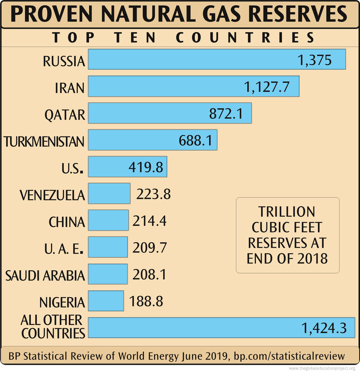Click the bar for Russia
tap(191, 59)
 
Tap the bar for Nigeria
tap(106, 301)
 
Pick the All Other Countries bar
tap(191, 328)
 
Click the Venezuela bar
tap(109, 193)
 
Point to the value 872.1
tap(226, 113)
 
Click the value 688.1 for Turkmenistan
tap(195, 140)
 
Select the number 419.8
tap(146, 167)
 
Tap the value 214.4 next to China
tap(150, 221)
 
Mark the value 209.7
tap(150, 248)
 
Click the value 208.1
tap(150, 275)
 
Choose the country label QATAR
tap(64, 115)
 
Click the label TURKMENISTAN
tap(44, 142)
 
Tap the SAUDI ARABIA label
tap(45, 275)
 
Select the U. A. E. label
tap(64, 249)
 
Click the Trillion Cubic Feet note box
tap(287, 235)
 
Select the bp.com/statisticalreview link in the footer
tap(289, 356)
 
